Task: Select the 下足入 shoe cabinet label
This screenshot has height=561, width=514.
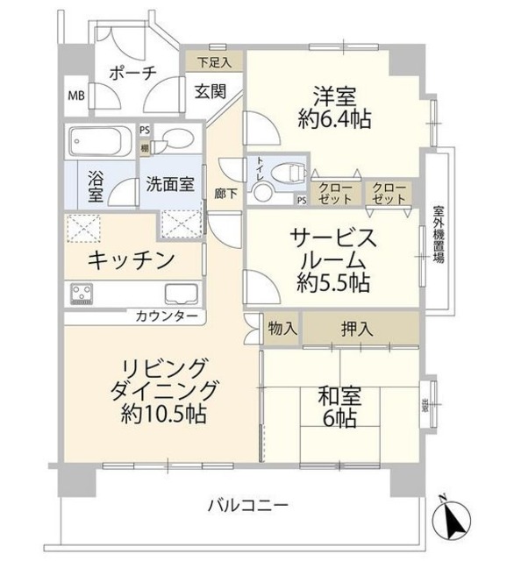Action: (214, 61)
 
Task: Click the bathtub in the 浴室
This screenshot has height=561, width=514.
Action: (99, 142)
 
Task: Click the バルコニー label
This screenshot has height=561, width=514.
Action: (248, 506)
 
